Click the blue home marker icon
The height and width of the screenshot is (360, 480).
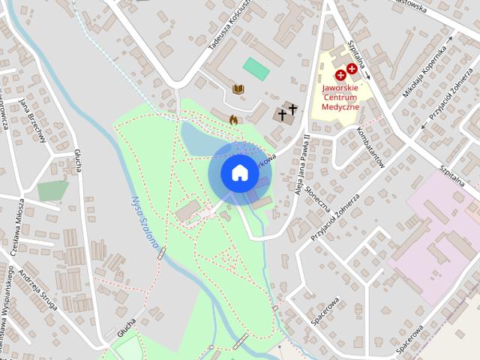pyautogui.click(x=239, y=172)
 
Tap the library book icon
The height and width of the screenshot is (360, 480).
pyautogui.click(x=238, y=90)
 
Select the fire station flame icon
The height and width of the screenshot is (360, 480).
pyautogui.click(x=233, y=118)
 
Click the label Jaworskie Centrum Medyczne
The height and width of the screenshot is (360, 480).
pyautogui.click(x=341, y=97)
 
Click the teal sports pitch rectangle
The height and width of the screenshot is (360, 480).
pyautogui.click(x=256, y=68)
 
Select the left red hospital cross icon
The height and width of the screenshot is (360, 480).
pyautogui.click(x=340, y=74)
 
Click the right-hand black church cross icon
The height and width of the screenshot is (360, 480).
pyautogui.click(x=292, y=110)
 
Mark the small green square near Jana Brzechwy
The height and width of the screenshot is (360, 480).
pyautogui.click(x=52, y=190)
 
